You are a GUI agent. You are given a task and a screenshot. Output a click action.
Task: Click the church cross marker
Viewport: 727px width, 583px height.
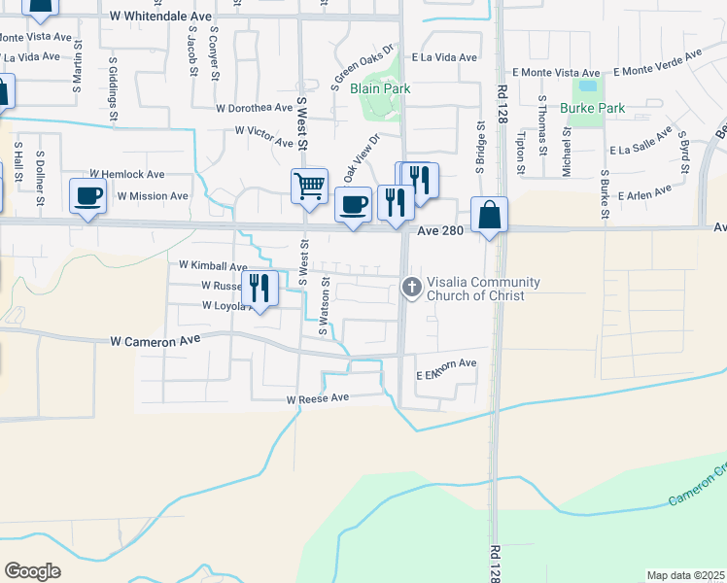click(x=412, y=287)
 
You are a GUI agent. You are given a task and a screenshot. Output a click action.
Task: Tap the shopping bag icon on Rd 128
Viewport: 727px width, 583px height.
click(x=489, y=214)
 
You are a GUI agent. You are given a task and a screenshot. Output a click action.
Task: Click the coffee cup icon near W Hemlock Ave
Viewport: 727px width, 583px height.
click(x=88, y=194)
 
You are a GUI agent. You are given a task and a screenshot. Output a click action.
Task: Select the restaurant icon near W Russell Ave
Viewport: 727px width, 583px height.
click(x=260, y=287)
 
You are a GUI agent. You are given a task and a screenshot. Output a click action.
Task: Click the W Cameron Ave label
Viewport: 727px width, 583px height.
click(x=155, y=341)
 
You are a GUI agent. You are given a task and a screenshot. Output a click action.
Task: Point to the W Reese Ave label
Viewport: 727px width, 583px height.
click(x=317, y=398)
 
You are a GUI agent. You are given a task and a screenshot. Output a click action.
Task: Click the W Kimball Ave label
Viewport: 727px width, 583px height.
click(x=213, y=265)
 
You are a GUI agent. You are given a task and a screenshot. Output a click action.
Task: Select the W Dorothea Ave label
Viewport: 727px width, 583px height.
click(x=255, y=108)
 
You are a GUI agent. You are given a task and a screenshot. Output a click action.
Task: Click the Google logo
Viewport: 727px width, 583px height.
click(x=32, y=571)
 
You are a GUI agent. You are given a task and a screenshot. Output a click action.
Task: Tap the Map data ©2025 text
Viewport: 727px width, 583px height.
click(x=685, y=575)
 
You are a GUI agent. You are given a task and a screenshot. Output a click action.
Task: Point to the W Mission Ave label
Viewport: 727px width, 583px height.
click(x=153, y=195)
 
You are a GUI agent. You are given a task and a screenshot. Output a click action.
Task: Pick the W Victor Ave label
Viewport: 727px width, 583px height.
click(x=263, y=137)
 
